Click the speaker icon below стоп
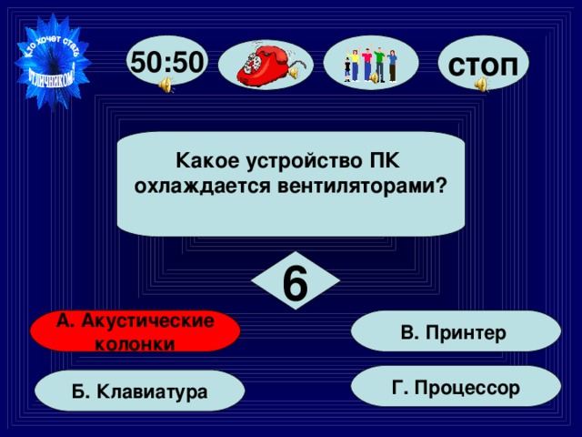pyautogui.click(x=481, y=85)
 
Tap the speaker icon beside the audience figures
pyautogui.click(x=373, y=78)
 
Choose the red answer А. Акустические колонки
pyautogui.click(x=135, y=332)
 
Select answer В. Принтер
pyautogui.click(x=455, y=332)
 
